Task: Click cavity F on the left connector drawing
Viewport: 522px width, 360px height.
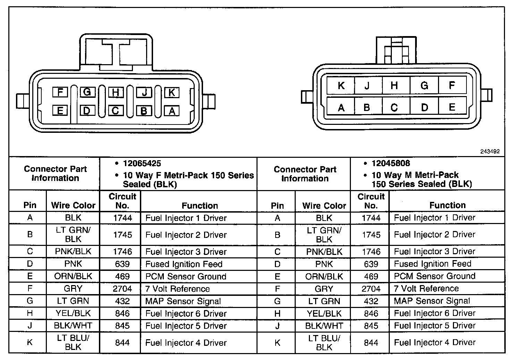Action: point(60,92)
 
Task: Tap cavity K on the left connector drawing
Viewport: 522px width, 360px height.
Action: point(171,93)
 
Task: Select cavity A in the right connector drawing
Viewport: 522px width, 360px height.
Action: point(341,108)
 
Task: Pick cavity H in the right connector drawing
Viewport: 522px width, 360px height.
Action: point(394,86)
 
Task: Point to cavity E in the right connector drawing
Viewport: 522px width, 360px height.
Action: point(452,107)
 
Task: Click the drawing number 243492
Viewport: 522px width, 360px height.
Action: point(490,152)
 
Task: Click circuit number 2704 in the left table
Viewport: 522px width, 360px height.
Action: point(122,289)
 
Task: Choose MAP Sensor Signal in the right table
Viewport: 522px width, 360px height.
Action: point(432,301)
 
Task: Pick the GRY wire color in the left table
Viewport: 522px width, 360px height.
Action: point(73,289)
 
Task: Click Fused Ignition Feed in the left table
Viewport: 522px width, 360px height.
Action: point(184,264)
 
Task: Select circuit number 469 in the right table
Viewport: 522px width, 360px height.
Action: point(371,276)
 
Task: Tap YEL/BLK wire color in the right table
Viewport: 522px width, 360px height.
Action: point(324,314)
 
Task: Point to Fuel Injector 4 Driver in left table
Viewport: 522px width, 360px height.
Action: point(186,343)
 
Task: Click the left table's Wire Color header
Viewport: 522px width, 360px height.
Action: point(73,205)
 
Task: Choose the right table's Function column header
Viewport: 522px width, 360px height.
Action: point(447,205)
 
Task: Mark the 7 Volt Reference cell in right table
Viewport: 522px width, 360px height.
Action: point(426,289)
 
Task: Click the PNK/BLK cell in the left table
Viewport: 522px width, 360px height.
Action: point(73,251)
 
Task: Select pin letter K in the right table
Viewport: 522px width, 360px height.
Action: point(277,343)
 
